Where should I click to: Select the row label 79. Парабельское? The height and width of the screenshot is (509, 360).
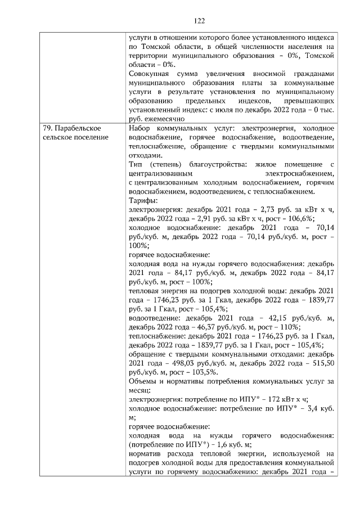point(72,129)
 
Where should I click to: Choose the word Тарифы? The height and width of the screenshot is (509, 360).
point(143,201)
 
